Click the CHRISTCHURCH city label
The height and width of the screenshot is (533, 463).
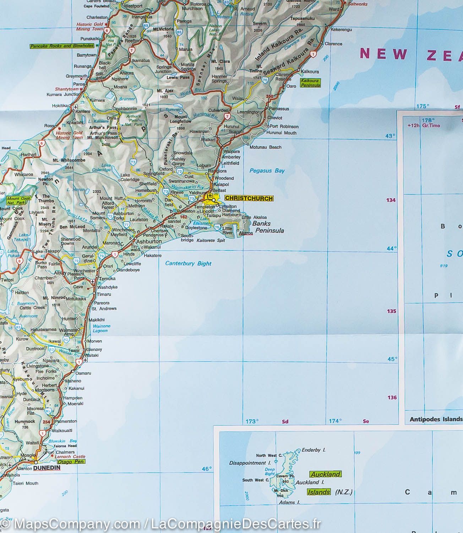249,199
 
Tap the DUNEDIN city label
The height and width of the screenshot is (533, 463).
47,468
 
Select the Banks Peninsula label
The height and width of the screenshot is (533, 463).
268,227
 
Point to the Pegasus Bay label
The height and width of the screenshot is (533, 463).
267,171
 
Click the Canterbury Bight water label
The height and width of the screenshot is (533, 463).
188,264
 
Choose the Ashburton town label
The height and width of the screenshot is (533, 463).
149,241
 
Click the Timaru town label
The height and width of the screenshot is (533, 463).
104,294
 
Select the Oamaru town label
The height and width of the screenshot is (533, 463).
83,373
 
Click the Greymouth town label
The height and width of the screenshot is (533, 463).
76,76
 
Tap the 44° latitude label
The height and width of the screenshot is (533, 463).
391,249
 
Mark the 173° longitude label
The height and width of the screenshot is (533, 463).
252,421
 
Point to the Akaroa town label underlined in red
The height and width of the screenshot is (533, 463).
246,233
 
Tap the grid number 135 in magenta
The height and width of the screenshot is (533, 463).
391,311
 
